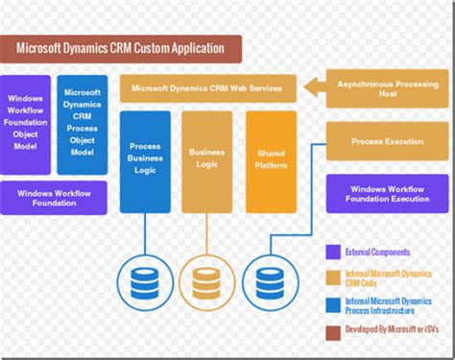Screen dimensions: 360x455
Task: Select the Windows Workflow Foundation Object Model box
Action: [x=26, y=124]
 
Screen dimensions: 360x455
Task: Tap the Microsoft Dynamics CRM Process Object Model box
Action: [x=83, y=124]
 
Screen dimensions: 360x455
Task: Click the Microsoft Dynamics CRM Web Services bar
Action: [x=207, y=89]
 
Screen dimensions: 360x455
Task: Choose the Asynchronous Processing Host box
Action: [x=388, y=89]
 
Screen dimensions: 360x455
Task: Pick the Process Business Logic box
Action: [x=145, y=161]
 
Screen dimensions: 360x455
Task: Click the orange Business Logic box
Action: [x=206, y=161]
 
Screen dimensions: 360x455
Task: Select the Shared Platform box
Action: [x=271, y=161]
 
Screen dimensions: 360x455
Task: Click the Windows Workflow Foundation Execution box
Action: [x=388, y=193]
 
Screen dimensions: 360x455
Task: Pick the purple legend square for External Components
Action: [x=332, y=252]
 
